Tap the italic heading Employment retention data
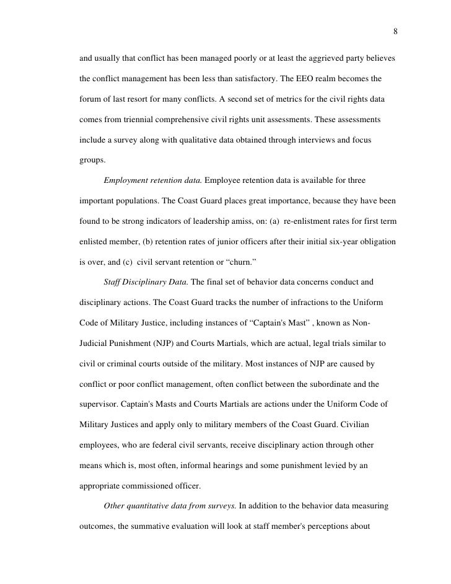(152, 180)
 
